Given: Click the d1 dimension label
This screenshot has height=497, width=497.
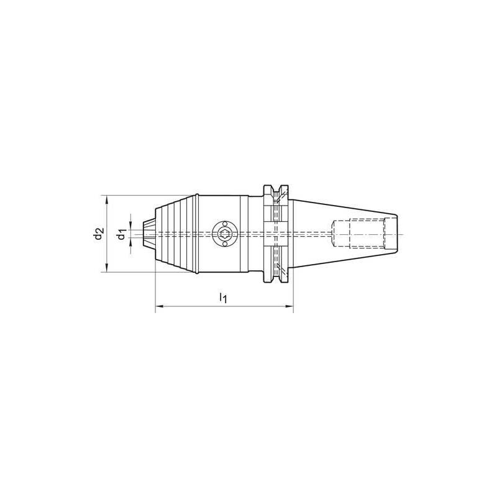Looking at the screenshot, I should [122, 234].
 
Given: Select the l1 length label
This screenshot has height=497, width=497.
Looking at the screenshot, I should [223, 299].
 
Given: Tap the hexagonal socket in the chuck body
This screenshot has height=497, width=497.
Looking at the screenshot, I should [224, 234].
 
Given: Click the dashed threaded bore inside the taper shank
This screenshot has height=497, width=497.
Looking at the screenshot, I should [357, 234].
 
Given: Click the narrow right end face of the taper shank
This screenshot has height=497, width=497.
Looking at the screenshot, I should [394, 234].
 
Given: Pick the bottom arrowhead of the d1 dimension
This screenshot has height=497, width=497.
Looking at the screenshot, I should [131, 245].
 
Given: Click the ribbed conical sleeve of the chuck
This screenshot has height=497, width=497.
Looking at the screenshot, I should [177, 234].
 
